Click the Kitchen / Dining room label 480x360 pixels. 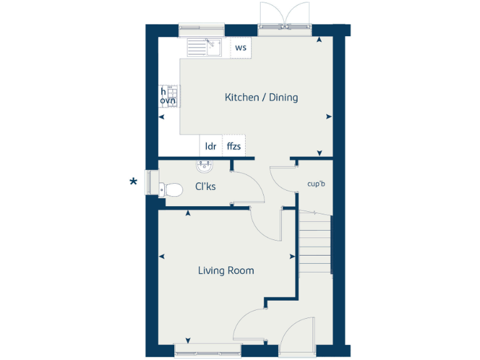coord(261,97)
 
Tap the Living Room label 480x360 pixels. coord(226,271)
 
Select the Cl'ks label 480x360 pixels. coord(206,186)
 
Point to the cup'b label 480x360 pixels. coord(317,184)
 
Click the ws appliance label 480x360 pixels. coord(240,47)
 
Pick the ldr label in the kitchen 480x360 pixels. coord(211,146)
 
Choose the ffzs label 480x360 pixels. coord(234,146)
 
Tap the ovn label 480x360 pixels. coord(167,101)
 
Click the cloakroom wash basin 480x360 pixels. coord(204,166)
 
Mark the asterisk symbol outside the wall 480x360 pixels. coord(133,182)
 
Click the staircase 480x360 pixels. coord(315,244)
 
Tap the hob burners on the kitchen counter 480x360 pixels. coord(167,92)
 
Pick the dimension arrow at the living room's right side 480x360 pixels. coord(292,256)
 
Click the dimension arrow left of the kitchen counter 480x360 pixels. coord(161,117)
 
